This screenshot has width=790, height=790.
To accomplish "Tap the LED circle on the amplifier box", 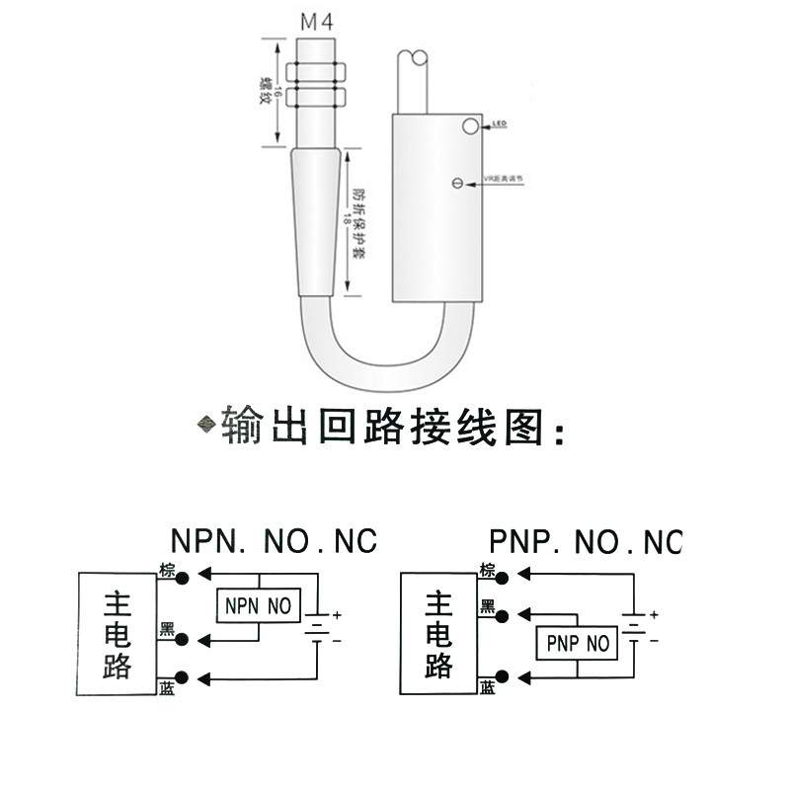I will (469, 125).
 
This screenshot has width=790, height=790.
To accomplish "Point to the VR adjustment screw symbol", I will (457, 182).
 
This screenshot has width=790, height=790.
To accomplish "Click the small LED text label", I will (499, 124).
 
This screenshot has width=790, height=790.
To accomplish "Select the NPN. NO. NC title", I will (274, 541).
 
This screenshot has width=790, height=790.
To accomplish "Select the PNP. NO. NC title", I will (586, 541).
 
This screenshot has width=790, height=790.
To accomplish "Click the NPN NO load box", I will (258, 605).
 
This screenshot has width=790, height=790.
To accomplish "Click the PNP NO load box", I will (577, 644).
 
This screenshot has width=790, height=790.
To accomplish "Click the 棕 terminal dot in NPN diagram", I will (182, 579).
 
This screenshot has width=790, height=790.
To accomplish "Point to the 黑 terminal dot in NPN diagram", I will (182, 639).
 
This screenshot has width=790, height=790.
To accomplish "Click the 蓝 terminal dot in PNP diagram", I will (503, 675).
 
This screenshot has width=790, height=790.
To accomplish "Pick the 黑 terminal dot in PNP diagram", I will (503, 616).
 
